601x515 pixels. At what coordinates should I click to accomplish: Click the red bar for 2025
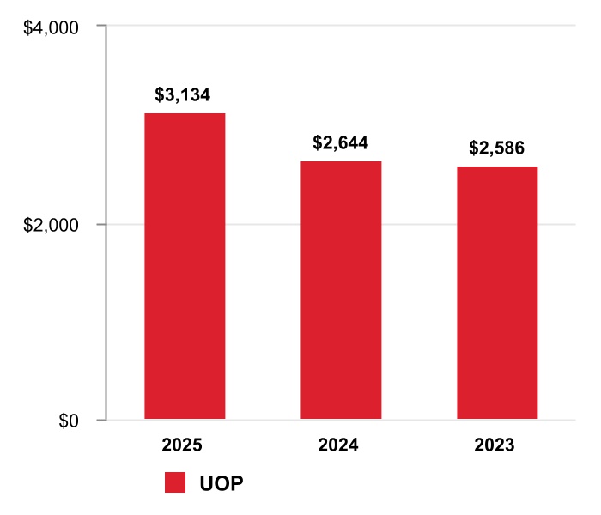click(185, 266)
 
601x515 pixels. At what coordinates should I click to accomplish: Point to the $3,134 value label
click(183, 94)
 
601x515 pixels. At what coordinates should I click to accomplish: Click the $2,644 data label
click(340, 142)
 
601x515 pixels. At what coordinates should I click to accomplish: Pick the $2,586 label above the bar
click(496, 148)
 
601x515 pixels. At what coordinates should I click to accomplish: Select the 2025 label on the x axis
click(183, 445)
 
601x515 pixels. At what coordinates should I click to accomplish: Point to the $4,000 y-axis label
click(51, 27)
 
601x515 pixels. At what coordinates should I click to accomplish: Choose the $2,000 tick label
click(51, 225)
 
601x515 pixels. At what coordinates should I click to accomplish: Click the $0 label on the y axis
click(69, 421)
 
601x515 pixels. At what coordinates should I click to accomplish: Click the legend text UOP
click(222, 483)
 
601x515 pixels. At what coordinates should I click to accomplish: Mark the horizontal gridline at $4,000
click(343, 27)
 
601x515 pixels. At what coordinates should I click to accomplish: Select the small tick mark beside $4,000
click(100, 27)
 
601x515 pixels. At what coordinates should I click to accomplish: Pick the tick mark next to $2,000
click(100, 224)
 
